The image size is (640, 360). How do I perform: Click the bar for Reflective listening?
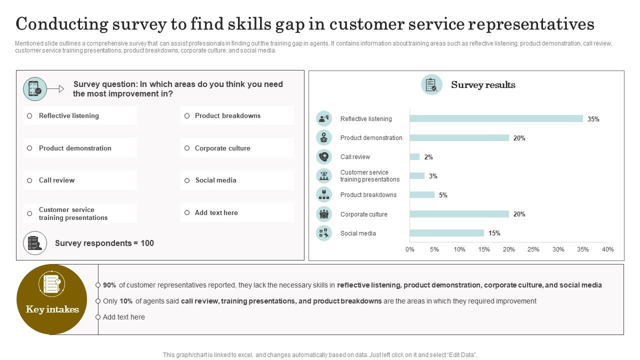point(496,118)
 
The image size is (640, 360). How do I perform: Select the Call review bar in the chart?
point(414,157)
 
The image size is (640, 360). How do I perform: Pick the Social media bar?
point(446,233)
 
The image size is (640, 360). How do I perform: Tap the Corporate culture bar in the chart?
point(459,214)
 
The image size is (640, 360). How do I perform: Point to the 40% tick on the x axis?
point(607,249)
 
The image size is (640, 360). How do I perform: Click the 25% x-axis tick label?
point(533,249)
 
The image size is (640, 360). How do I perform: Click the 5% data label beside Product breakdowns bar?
point(443,195)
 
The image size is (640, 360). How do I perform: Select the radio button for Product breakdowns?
point(187,116)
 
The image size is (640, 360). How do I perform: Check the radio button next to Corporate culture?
point(187,148)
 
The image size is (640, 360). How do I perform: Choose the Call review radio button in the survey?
point(29,180)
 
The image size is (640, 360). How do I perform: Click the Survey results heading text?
point(483,85)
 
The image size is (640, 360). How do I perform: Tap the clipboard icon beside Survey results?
point(431,85)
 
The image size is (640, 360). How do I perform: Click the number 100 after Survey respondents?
point(147,243)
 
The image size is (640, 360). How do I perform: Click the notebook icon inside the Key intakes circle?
point(51,284)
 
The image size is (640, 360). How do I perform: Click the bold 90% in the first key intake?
point(109,285)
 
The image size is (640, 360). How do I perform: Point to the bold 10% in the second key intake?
point(126,301)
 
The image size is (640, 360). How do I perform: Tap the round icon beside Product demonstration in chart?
point(324,137)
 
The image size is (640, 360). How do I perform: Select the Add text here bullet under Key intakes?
point(123,317)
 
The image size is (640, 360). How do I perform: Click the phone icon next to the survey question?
point(34,89)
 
